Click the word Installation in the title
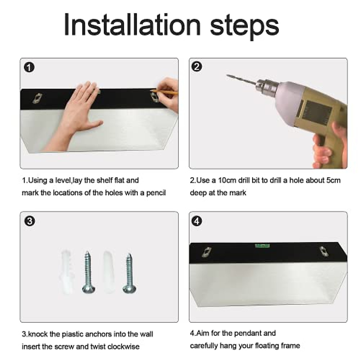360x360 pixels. [132, 25]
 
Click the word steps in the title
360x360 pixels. [244, 26]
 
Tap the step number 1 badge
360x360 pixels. [29, 67]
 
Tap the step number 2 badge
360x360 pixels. [197, 67]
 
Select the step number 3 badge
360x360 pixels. [29, 221]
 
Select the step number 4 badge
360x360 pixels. [197, 221]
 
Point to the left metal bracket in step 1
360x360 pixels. [37, 98]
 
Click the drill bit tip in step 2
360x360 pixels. [227, 75]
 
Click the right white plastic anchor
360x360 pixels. [109, 272]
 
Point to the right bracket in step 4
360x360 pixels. [324, 251]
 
